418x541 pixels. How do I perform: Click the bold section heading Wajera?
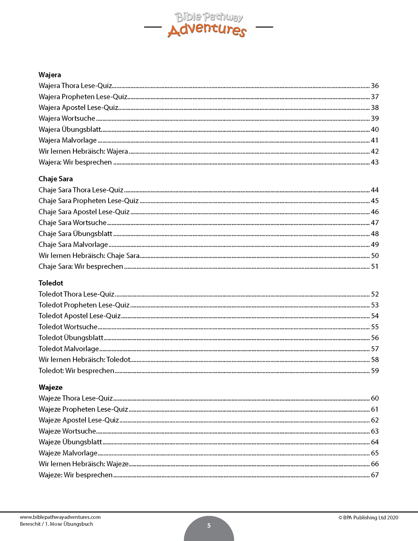pos(50,75)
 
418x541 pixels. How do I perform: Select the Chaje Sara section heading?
pos(56,179)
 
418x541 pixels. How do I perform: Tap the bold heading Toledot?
pos(51,283)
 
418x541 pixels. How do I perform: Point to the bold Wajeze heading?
pos(50,387)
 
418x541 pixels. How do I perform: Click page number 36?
pos(375,86)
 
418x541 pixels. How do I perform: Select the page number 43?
pos(375,162)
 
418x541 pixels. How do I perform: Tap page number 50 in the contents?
pos(375,255)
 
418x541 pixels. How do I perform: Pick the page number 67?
pos(375,475)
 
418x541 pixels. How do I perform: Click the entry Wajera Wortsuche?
pos(67,118)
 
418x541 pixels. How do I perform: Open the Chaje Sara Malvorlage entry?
pos(73,244)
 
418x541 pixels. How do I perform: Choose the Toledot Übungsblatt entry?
pos(71,338)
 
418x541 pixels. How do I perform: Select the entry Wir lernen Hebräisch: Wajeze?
pos(84,464)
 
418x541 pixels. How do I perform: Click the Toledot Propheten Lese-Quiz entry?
pos(84,305)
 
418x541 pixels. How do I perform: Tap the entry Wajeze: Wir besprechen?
pos(76,475)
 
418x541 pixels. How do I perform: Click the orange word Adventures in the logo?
pos(207,30)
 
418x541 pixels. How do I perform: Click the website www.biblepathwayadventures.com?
pos(60,517)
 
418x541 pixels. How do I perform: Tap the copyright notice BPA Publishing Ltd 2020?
pos(368,518)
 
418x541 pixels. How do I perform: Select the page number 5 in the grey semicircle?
pos(209,526)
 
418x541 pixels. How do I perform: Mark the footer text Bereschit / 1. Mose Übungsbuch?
pos(56,524)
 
